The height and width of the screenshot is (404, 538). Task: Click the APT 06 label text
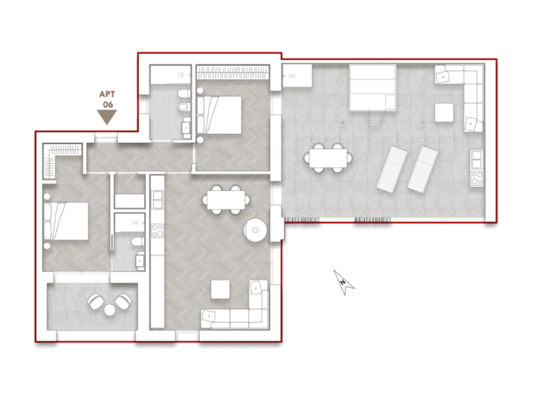click(107, 99)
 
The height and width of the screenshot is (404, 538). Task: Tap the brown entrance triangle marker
click(107, 116)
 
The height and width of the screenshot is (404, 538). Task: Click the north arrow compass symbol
click(344, 282)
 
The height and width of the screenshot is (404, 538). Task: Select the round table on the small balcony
click(110, 310)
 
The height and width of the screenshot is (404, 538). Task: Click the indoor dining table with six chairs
click(226, 199)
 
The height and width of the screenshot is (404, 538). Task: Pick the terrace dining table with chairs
click(328, 158)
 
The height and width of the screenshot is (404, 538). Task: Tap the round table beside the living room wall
click(255, 230)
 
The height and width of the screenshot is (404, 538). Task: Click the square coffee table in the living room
click(221, 290)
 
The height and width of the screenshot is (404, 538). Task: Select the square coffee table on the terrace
click(444, 112)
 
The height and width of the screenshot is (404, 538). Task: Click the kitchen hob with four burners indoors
click(157, 230)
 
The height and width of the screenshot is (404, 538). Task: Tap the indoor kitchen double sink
click(157, 200)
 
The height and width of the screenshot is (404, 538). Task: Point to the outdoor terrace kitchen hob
click(477, 178)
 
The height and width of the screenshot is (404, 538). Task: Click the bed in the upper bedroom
click(219, 114)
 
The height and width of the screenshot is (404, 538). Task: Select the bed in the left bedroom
click(66, 221)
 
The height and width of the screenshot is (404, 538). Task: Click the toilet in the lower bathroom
click(139, 242)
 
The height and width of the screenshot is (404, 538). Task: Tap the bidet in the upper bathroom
click(184, 108)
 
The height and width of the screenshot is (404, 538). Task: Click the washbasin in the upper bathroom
click(186, 127)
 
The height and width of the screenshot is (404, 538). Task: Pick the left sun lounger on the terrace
click(392, 168)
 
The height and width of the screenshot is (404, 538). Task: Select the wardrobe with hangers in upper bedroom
click(233, 73)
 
